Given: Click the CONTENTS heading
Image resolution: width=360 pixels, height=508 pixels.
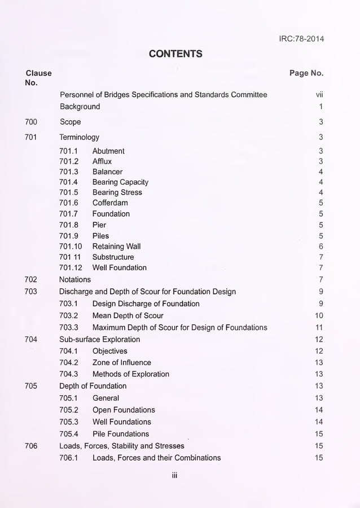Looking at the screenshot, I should (175, 54).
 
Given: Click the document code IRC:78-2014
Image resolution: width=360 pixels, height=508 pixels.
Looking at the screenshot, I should (301, 39).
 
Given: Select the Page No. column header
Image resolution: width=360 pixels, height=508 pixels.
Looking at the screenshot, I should (306, 73).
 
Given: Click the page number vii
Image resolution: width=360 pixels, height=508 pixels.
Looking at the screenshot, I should (319, 95).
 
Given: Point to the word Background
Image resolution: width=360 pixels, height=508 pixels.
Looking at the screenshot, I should (80, 107).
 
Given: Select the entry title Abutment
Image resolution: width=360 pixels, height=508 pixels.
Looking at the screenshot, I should (108, 151).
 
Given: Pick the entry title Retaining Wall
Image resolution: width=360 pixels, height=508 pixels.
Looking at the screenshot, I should (116, 246).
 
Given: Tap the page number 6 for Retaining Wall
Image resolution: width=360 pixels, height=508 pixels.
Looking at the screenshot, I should (321, 246).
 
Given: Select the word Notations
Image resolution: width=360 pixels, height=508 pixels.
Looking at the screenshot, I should (74, 279).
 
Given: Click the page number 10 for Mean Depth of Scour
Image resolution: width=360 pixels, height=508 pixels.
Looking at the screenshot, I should (319, 316).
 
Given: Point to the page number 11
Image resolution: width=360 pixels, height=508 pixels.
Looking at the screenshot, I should (319, 327).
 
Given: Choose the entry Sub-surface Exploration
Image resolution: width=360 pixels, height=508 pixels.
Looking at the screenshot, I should (99, 339).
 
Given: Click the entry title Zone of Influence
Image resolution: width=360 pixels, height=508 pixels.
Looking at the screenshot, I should (121, 362).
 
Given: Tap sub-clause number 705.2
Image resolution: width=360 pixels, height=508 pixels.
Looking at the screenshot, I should (68, 410).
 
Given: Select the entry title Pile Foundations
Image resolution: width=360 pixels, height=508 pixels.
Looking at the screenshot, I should (121, 433).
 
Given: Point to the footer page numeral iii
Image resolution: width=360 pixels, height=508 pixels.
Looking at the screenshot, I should (175, 475).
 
